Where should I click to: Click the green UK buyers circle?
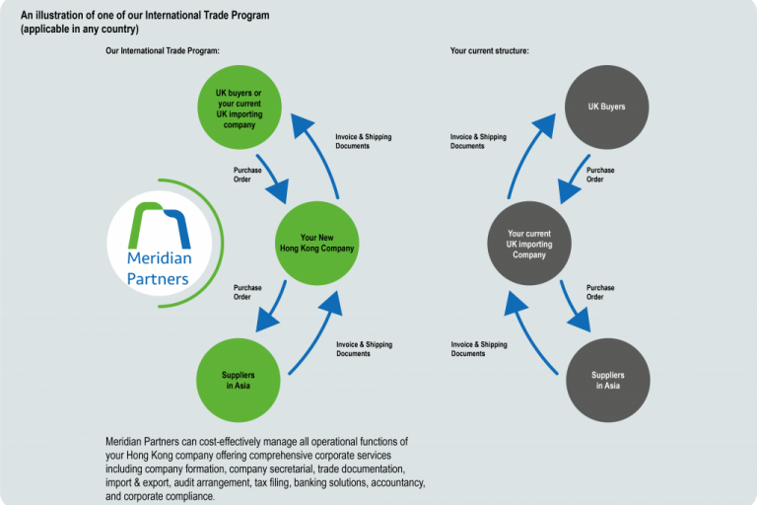tap(240, 108)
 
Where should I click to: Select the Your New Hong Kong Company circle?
tap(316, 243)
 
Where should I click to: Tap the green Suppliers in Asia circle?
tap(239, 381)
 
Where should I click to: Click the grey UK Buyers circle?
tap(607, 108)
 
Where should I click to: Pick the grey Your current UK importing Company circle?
tap(529, 243)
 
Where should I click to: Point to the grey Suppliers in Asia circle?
tap(608, 381)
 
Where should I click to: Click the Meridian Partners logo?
tap(165, 243)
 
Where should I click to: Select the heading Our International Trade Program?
tap(163, 50)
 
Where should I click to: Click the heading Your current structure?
tap(490, 50)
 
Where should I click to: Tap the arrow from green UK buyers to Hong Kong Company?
tap(272, 178)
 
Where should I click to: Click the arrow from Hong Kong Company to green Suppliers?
tap(273, 306)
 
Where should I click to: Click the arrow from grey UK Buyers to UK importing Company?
tap(575, 178)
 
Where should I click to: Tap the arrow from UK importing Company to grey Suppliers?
tap(575, 306)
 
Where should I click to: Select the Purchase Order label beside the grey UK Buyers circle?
tap(600, 175)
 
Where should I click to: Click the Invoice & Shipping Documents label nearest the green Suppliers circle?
tap(364, 349)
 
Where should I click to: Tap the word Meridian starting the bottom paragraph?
tap(123, 441)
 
